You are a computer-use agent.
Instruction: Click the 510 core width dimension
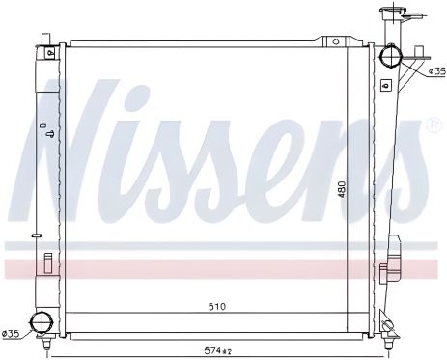tap(217, 306)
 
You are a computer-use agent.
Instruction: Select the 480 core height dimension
tap(342, 189)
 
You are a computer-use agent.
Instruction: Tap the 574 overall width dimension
tap(218, 349)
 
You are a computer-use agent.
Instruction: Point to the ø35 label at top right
tap(437, 71)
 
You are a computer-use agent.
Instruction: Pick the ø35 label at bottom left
tap(11, 334)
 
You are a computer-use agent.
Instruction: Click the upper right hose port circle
tap(391, 56)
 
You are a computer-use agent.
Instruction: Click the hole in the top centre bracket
tap(336, 42)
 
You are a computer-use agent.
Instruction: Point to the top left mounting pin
tap(46, 39)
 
